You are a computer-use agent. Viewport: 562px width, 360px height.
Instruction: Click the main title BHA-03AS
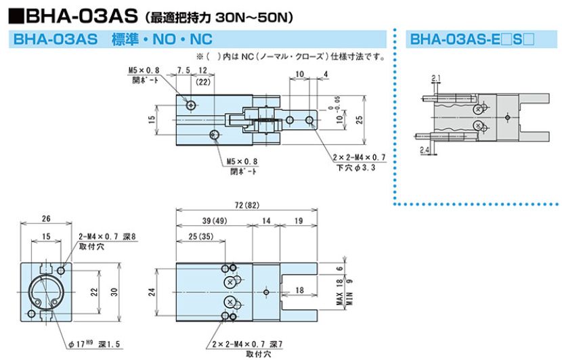(x=82, y=16)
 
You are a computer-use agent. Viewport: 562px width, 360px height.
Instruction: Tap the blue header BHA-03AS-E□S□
(x=472, y=39)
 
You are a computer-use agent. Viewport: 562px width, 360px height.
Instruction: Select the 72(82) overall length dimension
(x=247, y=205)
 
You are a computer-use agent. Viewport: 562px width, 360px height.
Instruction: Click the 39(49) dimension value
(x=215, y=221)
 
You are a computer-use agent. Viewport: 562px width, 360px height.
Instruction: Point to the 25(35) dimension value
(x=200, y=236)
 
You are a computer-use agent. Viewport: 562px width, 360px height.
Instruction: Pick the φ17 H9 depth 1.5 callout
(x=94, y=344)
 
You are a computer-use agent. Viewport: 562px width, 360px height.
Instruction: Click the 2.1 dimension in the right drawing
(x=436, y=78)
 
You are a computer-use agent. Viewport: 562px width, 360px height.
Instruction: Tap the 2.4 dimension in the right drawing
(x=425, y=150)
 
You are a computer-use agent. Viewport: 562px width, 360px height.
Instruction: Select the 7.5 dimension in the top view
(x=183, y=70)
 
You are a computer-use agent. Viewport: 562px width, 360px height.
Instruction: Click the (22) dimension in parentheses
(x=203, y=82)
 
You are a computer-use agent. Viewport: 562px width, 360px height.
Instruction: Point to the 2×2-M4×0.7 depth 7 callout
(x=247, y=344)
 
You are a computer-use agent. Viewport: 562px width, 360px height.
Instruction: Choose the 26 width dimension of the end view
(x=46, y=219)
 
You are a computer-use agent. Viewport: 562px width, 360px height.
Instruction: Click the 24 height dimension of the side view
(x=152, y=292)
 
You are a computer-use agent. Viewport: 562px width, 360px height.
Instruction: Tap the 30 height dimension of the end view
(x=114, y=292)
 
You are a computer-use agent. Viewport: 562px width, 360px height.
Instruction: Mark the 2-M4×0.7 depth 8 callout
(x=108, y=236)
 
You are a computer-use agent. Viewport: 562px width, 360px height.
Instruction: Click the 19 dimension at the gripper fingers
(x=299, y=221)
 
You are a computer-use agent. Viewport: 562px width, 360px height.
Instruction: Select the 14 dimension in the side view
(x=266, y=221)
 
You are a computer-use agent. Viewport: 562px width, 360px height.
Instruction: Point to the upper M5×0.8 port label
(x=144, y=70)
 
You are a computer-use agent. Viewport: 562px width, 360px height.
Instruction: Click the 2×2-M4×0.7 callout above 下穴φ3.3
(x=359, y=157)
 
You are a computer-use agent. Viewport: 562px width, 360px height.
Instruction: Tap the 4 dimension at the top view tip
(x=326, y=74)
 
